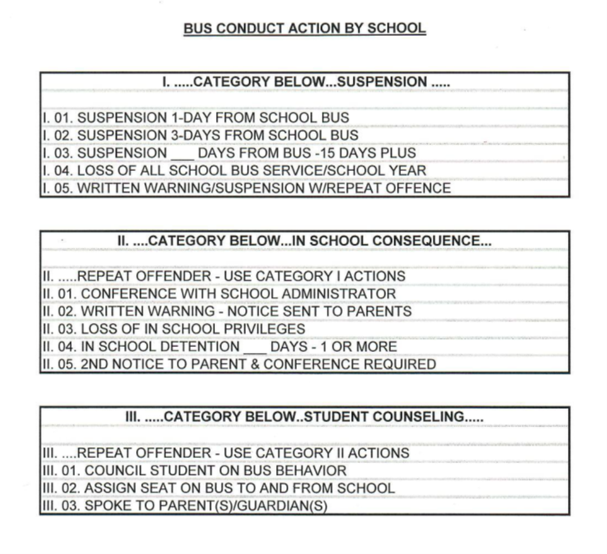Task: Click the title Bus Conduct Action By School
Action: click(304, 28)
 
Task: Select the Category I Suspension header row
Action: click(304, 82)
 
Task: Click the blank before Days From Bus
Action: click(182, 154)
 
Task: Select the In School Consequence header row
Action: click(304, 241)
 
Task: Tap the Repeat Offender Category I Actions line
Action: click(223, 276)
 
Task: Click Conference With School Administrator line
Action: click(218, 294)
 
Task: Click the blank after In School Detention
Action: click(253, 346)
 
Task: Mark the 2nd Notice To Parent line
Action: click(238, 364)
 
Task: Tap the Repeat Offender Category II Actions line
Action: click(225, 453)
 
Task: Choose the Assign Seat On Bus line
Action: click(218, 488)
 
